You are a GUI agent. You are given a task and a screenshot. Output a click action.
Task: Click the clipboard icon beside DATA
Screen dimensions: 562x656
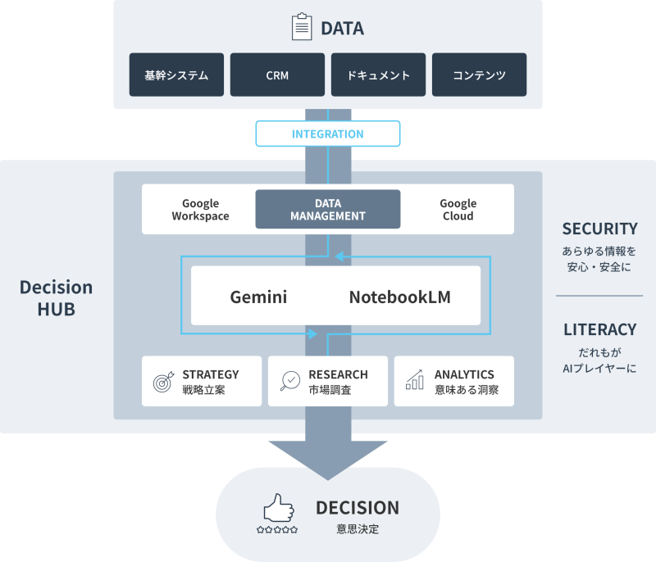302,28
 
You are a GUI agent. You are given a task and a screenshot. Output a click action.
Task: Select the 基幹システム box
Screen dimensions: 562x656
176,75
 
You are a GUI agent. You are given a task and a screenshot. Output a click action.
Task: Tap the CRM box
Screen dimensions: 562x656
277,75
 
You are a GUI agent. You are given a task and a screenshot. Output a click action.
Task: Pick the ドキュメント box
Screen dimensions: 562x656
378,75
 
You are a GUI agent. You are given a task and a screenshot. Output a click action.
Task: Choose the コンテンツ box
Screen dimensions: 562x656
479,75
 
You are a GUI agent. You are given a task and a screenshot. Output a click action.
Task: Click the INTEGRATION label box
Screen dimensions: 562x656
328,134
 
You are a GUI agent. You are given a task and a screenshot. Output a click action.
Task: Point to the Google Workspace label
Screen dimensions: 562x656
200,210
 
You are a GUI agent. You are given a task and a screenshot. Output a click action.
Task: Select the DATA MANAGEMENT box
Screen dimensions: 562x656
328,210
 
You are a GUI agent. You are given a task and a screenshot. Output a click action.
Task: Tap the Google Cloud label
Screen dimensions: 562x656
458,210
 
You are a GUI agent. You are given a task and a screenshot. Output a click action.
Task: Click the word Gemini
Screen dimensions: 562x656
258,297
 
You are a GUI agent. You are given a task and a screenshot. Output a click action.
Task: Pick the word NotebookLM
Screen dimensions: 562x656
400,297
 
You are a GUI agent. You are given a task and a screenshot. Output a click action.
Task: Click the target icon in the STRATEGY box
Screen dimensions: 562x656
162,382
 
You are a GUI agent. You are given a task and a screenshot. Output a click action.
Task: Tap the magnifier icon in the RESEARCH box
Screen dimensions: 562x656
289,381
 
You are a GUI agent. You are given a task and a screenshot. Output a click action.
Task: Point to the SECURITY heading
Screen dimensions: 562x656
599,229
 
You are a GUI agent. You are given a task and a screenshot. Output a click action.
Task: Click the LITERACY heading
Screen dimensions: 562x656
599,329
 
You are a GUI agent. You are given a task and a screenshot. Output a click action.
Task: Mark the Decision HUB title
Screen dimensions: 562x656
56,298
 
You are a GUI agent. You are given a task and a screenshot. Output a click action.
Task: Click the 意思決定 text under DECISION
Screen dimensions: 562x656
358,529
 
